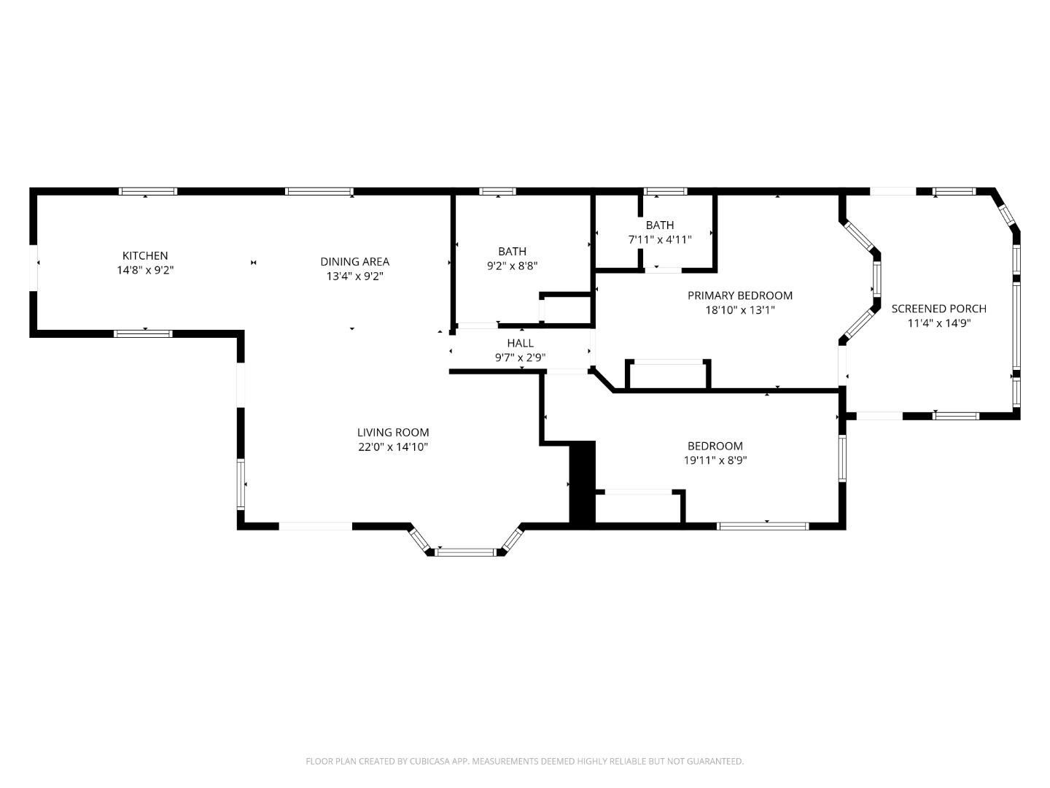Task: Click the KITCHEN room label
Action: click(144, 255)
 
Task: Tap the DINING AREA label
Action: click(354, 261)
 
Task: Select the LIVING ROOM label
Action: click(392, 432)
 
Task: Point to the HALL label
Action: click(520, 343)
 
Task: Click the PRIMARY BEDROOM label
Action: click(739, 295)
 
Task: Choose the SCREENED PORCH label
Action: click(938, 309)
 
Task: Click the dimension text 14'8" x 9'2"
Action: click(144, 270)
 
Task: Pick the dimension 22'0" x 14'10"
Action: click(392, 447)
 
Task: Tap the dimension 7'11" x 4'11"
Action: click(659, 239)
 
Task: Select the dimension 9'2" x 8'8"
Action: click(512, 266)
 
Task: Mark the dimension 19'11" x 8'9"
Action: click(715, 460)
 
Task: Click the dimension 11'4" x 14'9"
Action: click(938, 323)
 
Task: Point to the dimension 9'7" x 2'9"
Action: click(520, 358)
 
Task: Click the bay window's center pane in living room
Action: click(466, 552)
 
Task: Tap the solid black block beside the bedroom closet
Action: click(582, 482)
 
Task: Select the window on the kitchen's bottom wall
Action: click(143, 333)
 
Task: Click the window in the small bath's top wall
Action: click(665, 191)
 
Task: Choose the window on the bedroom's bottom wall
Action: click(763, 525)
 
